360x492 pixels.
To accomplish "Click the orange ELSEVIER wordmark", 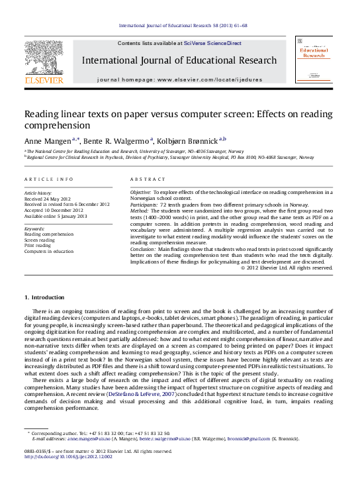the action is pyautogui.click(x=44, y=80).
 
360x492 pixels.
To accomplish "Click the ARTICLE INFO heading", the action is pyautogui.click(x=49, y=179).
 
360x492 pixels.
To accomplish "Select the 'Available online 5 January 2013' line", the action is pyautogui.click(x=55, y=216).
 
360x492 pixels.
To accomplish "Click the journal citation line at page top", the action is pyautogui.click(x=182, y=26).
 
